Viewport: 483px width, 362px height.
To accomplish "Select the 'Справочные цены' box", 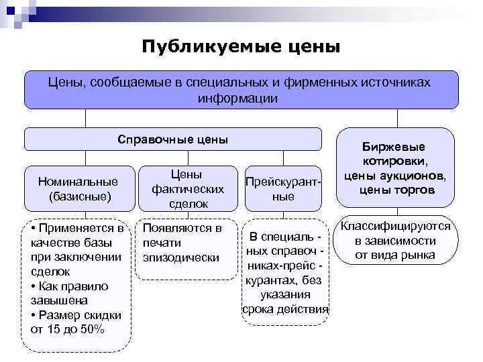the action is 173,139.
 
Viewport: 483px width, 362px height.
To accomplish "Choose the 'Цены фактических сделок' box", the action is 186,188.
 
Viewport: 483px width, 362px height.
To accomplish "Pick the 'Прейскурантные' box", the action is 284,189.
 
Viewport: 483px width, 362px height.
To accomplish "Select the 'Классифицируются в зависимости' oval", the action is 396,241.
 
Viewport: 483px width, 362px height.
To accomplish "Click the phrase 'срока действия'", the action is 285,309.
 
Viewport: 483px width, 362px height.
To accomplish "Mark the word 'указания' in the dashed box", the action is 285,294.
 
